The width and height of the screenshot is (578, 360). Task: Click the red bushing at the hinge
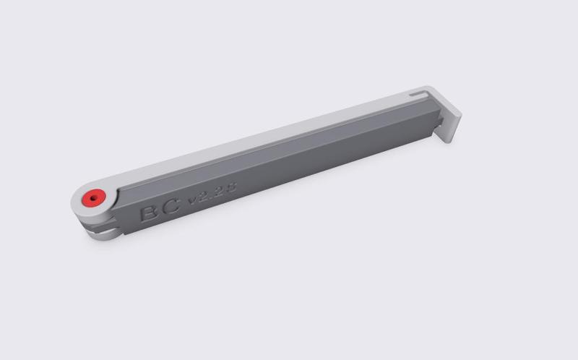(93, 198)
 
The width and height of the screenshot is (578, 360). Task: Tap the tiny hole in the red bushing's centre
(92, 197)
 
